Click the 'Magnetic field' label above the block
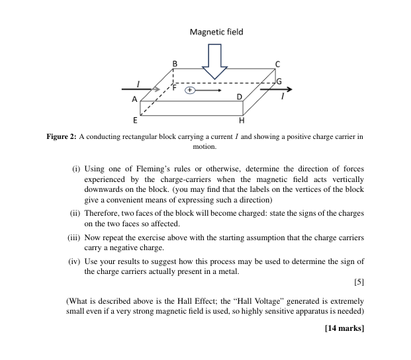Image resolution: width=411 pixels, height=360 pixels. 216,32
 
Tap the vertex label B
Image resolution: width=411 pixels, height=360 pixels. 175,63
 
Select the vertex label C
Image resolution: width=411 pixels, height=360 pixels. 278,64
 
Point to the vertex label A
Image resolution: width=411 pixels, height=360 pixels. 134,99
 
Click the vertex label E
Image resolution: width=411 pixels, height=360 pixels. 135,120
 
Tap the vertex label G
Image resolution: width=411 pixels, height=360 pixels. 279,81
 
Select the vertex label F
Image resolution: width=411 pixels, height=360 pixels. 175,87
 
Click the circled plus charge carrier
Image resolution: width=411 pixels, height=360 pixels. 189,89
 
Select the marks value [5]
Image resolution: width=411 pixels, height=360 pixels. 359,283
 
